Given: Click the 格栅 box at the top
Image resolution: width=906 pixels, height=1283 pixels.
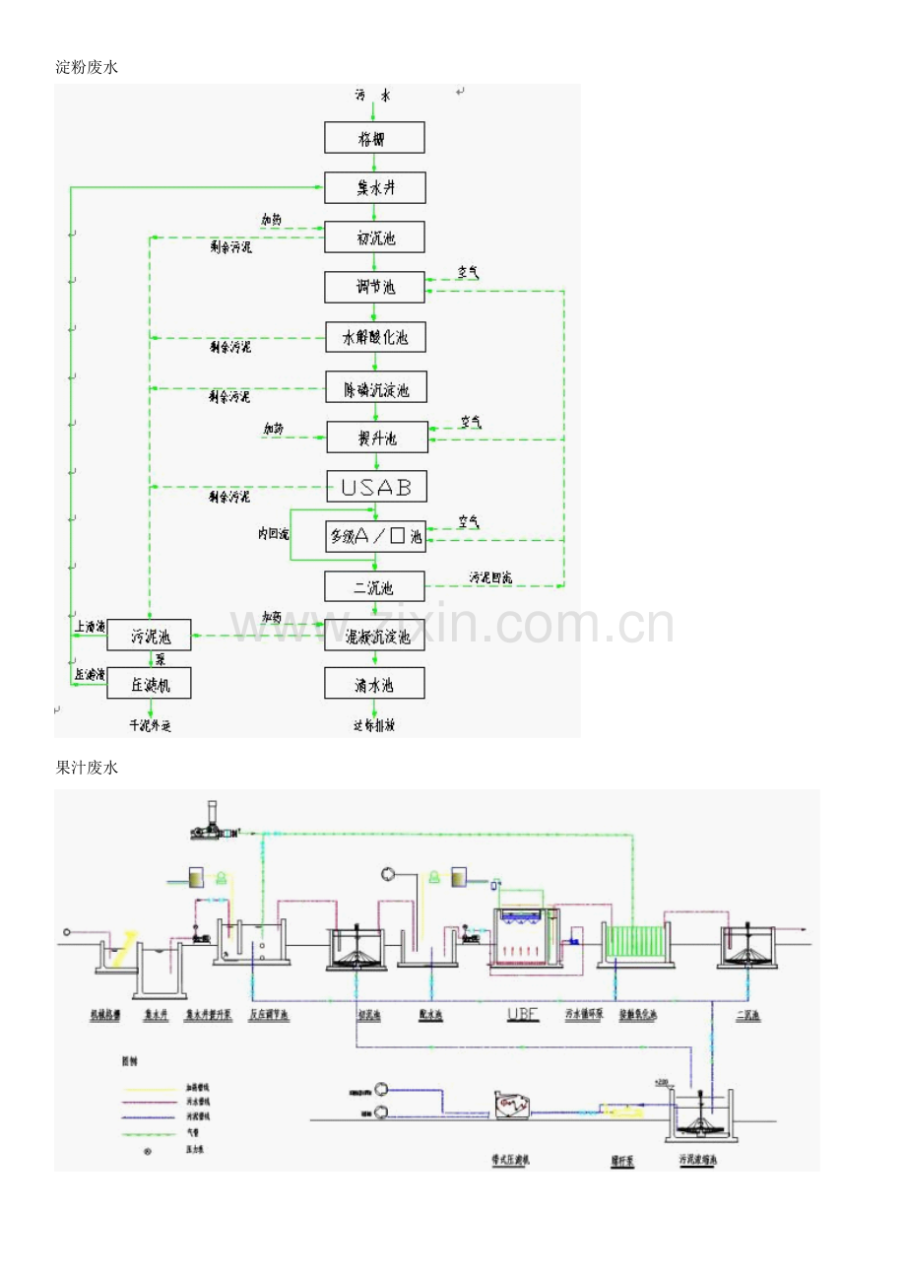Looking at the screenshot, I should (x=374, y=138).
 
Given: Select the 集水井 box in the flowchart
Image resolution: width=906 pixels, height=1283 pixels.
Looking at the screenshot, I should (x=375, y=187).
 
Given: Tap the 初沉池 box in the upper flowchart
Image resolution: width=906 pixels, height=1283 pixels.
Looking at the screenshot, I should (x=375, y=237).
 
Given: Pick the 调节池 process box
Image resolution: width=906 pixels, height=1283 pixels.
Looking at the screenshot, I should (x=375, y=288).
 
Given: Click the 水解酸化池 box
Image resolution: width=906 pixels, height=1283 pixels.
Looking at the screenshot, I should (x=375, y=338).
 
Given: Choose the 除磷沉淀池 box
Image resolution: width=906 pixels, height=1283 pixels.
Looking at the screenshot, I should (x=376, y=389).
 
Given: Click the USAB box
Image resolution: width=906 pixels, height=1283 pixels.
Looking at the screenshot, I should (x=376, y=486).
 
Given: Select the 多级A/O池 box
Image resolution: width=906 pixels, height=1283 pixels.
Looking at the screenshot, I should (x=375, y=537).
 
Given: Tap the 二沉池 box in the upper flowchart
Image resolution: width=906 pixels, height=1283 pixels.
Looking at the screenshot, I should (x=375, y=587).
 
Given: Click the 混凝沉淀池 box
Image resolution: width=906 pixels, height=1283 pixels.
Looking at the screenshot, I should (x=375, y=637).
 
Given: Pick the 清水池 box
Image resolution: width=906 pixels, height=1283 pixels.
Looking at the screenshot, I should (x=375, y=685).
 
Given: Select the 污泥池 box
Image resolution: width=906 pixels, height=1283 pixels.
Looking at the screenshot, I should (x=149, y=637).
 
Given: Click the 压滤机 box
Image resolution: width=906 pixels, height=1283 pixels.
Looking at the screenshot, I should (x=149, y=684).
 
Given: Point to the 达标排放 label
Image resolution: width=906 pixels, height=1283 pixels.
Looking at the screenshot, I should (x=374, y=726).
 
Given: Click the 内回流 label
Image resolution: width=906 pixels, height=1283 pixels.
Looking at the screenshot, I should (x=274, y=534).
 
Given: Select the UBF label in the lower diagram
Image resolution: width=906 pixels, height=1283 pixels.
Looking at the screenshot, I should (x=522, y=1013).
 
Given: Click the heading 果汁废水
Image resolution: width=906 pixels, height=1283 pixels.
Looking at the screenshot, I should (x=87, y=768).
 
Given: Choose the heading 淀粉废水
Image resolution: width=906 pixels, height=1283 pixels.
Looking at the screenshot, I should (x=87, y=67).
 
